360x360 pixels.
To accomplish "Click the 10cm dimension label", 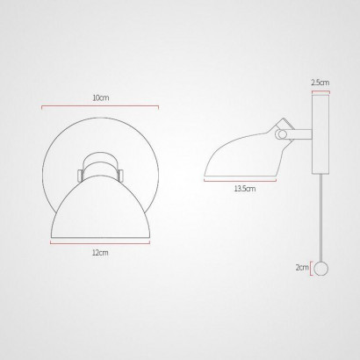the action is pos(101,97).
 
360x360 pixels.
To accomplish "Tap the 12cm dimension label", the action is pos(100,252).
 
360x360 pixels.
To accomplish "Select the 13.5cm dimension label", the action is pos(245,189).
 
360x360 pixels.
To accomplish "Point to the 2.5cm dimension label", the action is pos(320,83).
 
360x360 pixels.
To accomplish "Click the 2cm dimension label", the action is pos(302,267).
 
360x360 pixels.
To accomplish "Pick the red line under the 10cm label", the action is pos(100,106).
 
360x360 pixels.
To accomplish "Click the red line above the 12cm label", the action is pos(100,242).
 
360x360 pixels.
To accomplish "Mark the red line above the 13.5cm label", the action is pos(240,180).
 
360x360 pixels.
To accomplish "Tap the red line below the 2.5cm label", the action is pos(320,91).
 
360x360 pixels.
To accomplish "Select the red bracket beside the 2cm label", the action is pos(311,269).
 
